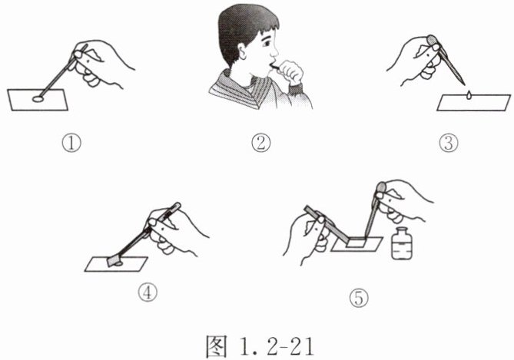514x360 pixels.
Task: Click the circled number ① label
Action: [x=71, y=143]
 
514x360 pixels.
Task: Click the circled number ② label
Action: [x=261, y=143]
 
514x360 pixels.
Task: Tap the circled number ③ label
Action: [x=449, y=143]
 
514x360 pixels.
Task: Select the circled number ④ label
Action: [x=148, y=292]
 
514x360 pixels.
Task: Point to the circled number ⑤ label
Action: [x=359, y=298]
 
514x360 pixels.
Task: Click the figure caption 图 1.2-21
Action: [x=260, y=346]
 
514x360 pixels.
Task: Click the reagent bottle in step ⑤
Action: [x=402, y=243]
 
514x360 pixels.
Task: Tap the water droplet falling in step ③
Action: [x=469, y=94]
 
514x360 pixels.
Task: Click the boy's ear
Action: [x=243, y=51]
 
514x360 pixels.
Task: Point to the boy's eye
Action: [x=266, y=43]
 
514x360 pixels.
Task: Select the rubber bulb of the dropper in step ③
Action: [x=433, y=41]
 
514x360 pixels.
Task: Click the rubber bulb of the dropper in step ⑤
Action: [x=381, y=189]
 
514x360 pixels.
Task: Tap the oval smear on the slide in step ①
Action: [x=38, y=98]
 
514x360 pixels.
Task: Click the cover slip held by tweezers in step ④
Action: [x=113, y=261]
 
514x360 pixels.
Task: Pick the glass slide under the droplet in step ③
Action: [x=474, y=103]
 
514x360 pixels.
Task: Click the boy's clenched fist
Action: [x=290, y=71]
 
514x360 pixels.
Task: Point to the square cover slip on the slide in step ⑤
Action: [x=356, y=243]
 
